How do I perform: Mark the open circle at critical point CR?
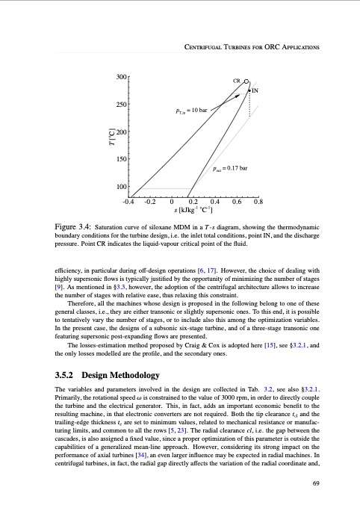pos(246,83)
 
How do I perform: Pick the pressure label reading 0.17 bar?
pos(229,169)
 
